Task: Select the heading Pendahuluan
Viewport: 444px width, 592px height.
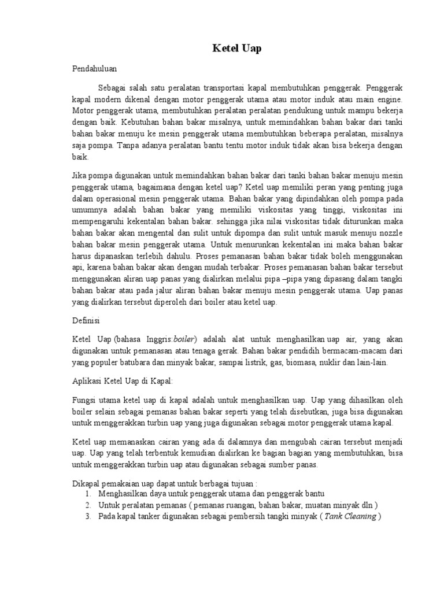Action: pos(95,68)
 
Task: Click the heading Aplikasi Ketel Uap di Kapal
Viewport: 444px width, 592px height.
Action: pos(122,382)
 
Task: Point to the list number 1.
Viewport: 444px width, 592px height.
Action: pos(87,494)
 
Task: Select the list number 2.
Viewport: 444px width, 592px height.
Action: pos(87,505)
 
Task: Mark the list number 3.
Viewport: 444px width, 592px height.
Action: pos(87,517)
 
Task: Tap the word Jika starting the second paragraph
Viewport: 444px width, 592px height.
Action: pos(79,176)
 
